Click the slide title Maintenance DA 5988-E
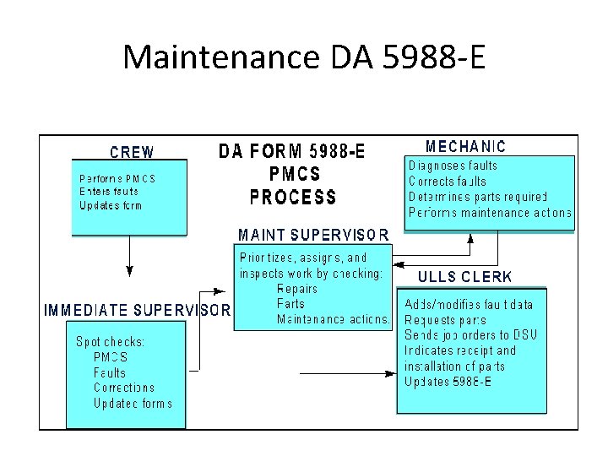[x=304, y=57]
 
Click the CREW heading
[x=133, y=153]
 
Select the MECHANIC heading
[x=465, y=147]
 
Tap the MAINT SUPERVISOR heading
[x=313, y=234]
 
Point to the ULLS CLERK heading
[x=465, y=276]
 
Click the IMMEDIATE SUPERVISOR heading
[x=137, y=310]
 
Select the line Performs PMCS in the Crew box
[x=117, y=179]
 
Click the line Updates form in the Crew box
[x=111, y=205]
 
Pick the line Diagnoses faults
[x=453, y=166]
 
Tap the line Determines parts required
[x=478, y=197]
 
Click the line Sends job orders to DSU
[x=470, y=335]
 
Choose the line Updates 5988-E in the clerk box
[x=448, y=381]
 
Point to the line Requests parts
[x=446, y=320]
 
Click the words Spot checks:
[x=111, y=342]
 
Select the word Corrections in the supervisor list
[x=124, y=388]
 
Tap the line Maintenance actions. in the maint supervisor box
[x=334, y=319]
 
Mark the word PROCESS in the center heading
[x=293, y=198]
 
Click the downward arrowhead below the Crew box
[x=129, y=271]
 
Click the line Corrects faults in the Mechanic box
[x=448, y=181]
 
